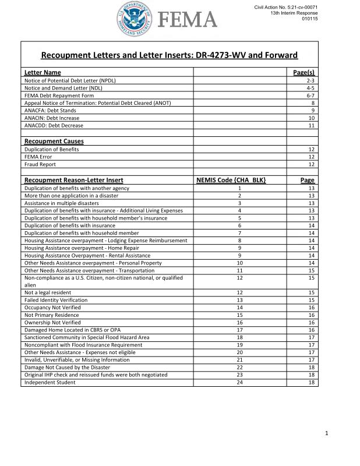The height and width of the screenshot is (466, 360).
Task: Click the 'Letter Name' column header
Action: pos(43,72)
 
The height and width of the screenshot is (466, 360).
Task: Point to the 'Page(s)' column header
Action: pos(303,72)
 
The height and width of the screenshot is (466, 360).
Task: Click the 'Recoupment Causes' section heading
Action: pos(54,141)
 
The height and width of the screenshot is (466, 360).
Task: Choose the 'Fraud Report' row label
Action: pos(40,164)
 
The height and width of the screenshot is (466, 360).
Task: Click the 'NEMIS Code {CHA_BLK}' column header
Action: pos(232,180)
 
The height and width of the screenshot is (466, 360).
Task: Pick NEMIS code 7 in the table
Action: pos(239,232)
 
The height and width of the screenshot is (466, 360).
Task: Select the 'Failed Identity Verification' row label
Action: pos(56,299)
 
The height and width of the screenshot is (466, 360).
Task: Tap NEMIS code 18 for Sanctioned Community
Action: pos(239,337)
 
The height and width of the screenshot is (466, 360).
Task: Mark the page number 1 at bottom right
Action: pos(327,433)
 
